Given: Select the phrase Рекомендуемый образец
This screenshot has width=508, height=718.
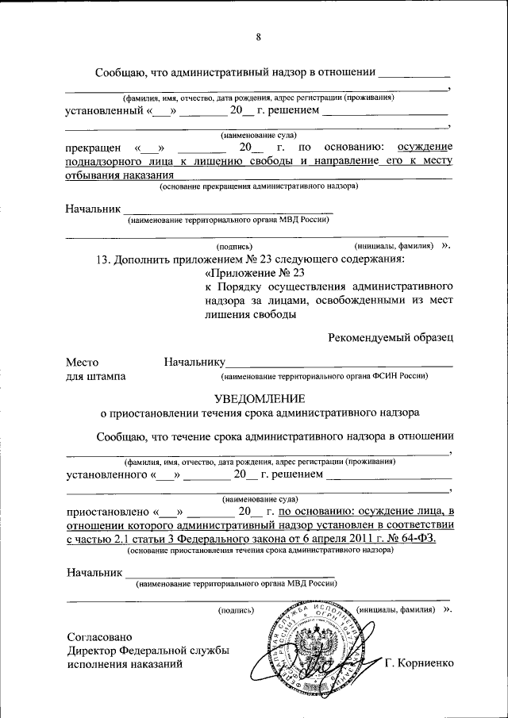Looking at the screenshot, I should (391, 338).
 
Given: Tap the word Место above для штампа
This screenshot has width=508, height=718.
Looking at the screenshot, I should (82, 363).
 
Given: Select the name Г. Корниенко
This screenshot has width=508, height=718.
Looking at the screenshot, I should (418, 663).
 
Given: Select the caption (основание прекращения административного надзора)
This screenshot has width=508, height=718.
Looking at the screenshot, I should (258, 187).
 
